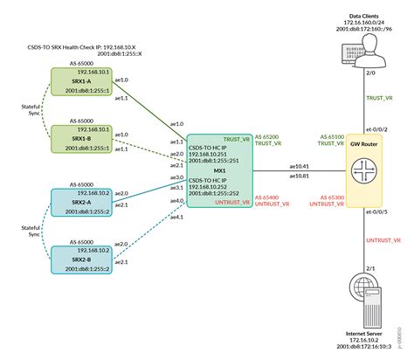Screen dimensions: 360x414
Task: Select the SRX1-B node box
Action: (x=79, y=139)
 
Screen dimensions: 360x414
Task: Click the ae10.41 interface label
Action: (x=299, y=166)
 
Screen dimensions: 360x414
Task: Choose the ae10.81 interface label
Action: (x=299, y=176)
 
